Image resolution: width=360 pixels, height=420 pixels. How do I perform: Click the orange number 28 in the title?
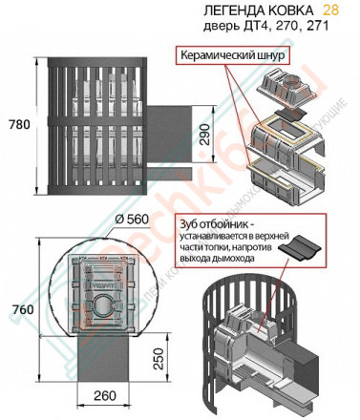click(329, 10)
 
